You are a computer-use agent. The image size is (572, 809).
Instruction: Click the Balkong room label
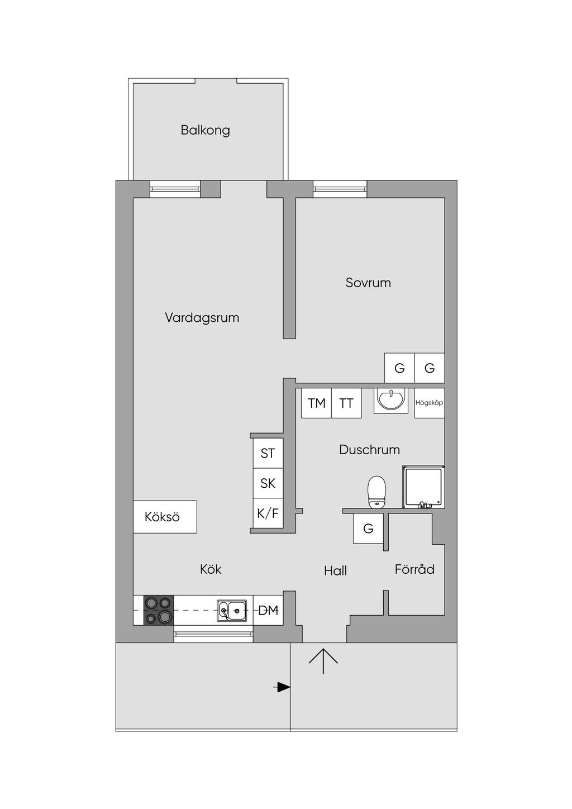point(205,130)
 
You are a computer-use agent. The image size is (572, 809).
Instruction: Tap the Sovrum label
point(368,283)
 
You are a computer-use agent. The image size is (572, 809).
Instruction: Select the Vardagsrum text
point(202,318)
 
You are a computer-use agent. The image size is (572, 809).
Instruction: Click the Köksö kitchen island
point(165,517)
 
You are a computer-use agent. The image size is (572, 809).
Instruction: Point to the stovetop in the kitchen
point(159,610)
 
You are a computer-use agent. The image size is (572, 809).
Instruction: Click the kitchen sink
point(232,611)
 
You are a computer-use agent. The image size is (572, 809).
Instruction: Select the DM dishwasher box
point(268,610)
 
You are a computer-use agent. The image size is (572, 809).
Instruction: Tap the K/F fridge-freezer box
point(268,513)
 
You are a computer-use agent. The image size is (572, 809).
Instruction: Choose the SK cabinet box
point(268,483)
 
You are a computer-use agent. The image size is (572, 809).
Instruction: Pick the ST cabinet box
point(268,453)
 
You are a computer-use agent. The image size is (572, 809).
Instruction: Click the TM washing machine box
point(316,403)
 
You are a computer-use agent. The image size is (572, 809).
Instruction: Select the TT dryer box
point(346,403)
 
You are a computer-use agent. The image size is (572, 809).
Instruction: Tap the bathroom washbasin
point(390,400)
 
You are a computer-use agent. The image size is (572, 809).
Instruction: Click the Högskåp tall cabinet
point(430,403)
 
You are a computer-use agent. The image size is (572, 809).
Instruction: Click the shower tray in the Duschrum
point(423,487)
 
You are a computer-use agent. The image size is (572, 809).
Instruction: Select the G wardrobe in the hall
point(368,529)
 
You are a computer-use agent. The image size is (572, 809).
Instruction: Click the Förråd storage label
point(414,569)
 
